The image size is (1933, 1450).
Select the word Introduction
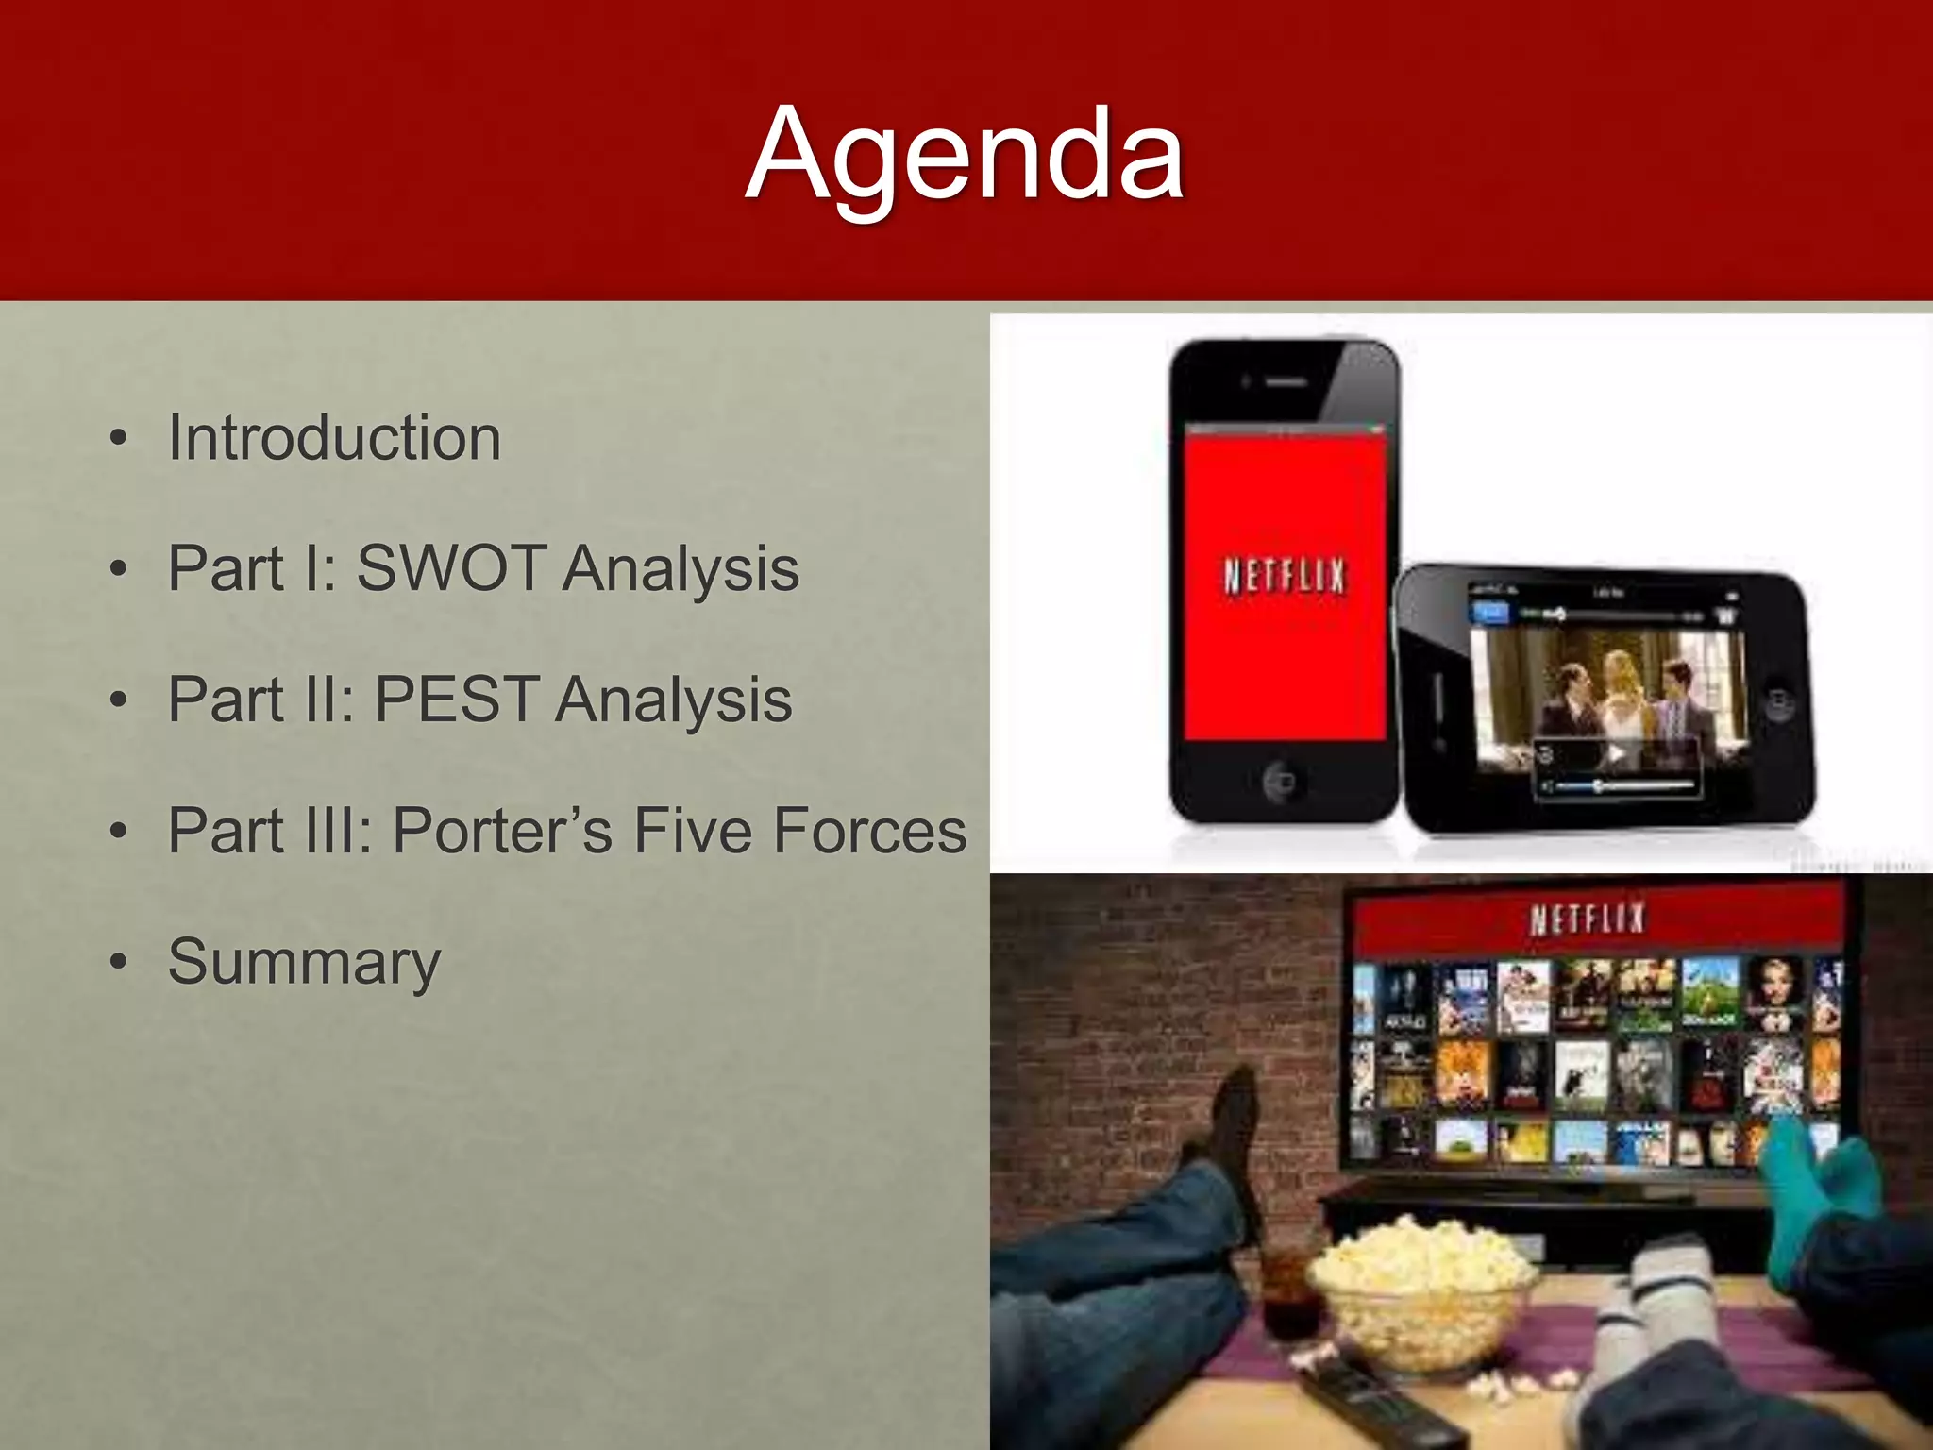coord(334,438)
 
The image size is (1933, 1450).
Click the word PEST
coord(458,700)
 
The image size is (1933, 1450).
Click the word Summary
coord(304,962)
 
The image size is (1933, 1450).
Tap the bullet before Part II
coord(118,700)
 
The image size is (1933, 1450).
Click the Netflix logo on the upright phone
coord(1284,575)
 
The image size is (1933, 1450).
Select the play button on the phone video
coord(1617,752)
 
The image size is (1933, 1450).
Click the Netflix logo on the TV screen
coord(1588,919)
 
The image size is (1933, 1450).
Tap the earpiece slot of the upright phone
coord(1285,382)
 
